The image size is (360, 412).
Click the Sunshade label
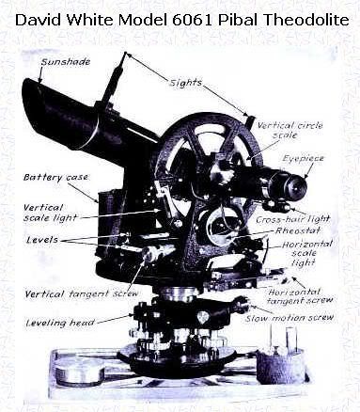(x=66, y=62)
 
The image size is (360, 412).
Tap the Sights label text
(x=185, y=83)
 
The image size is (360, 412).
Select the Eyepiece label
(x=303, y=158)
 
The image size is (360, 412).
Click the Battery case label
(x=55, y=177)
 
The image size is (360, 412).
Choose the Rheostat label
(x=298, y=230)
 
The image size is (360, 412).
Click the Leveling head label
(x=60, y=323)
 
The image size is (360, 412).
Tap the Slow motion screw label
(x=290, y=318)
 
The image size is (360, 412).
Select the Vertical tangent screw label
(x=82, y=293)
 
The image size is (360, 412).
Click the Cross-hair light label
(x=293, y=219)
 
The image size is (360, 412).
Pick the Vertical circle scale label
(x=290, y=130)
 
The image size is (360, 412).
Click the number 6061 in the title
(x=192, y=20)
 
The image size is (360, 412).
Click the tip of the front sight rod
(x=126, y=53)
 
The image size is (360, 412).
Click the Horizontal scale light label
(x=306, y=253)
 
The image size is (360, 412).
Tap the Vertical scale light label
(x=50, y=213)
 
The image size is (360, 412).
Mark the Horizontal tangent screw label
(x=300, y=296)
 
